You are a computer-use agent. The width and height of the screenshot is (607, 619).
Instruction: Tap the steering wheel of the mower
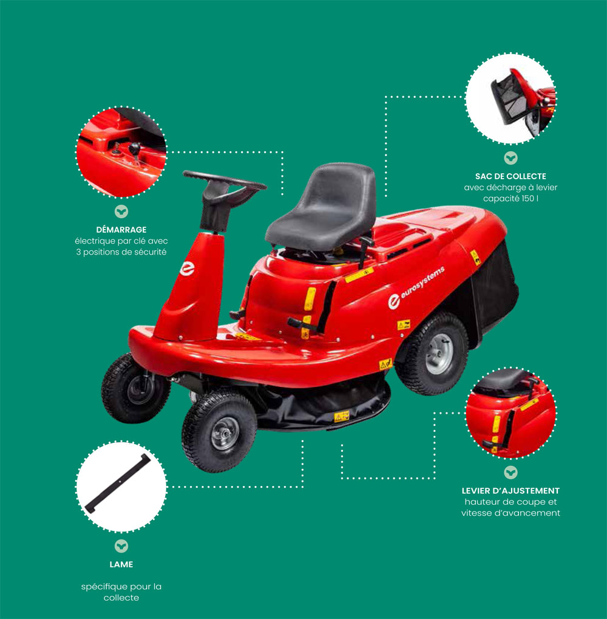[x=224, y=186]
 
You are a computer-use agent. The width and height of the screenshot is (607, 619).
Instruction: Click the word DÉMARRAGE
[x=121, y=230]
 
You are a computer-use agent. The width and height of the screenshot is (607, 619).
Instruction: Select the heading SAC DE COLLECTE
[x=510, y=176]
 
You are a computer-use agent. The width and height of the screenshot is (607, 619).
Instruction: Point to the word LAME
[x=121, y=564]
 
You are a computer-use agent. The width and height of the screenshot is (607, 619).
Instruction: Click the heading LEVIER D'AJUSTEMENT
[x=510, y=491]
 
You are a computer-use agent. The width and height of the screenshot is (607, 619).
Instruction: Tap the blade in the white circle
[x=118, y=483]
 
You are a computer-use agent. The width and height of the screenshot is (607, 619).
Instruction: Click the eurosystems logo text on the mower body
[x=422, y=282]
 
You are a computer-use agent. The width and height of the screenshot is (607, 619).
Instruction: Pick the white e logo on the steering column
[x=188, y=268]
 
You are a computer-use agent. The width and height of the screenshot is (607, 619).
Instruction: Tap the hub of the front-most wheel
[x=225, y=434]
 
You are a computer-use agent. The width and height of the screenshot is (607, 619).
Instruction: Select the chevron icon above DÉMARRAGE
[x=121, y=211]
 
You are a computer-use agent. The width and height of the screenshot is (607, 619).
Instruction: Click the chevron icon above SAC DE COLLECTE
[x=510, y=159]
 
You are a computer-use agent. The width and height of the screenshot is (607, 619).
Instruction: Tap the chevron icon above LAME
[x=121, y=546]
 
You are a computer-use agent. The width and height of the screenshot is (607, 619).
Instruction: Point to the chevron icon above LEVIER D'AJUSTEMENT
[x=510, y=473]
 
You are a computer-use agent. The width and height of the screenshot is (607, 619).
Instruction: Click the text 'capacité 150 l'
[x=510, y=199]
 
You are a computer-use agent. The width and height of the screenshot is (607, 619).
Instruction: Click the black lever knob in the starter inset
[x=134, y=148]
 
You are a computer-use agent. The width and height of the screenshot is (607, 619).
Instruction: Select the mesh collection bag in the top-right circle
[x=510, y=98]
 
